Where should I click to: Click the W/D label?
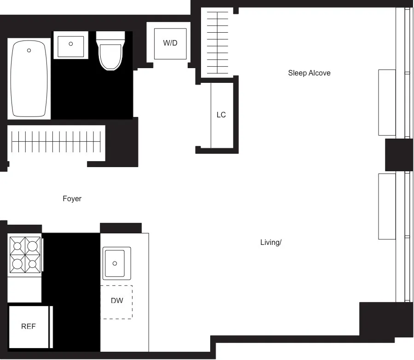click(x=170, y=43)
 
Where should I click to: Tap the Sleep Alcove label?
click(x=309, y=73)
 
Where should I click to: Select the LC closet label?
click(x=221, y=115)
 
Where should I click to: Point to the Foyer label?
click(x=72, y=199)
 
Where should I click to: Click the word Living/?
click(x=270, y=242)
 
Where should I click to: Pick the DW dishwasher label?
click(x=117, y=301)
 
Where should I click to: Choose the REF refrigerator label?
click(x=29, y=326)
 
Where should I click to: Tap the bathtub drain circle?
click(x=29, y=50)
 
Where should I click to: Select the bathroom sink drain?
click(x=70, y=44)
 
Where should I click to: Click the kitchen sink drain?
click(x=115, y=263)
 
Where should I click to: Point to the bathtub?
click(x=29, y=79)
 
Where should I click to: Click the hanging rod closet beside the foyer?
click(x=56, y=142)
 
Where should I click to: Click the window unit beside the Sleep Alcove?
click(x=387, y=102)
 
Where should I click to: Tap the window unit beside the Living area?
click(x=387, y=206)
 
